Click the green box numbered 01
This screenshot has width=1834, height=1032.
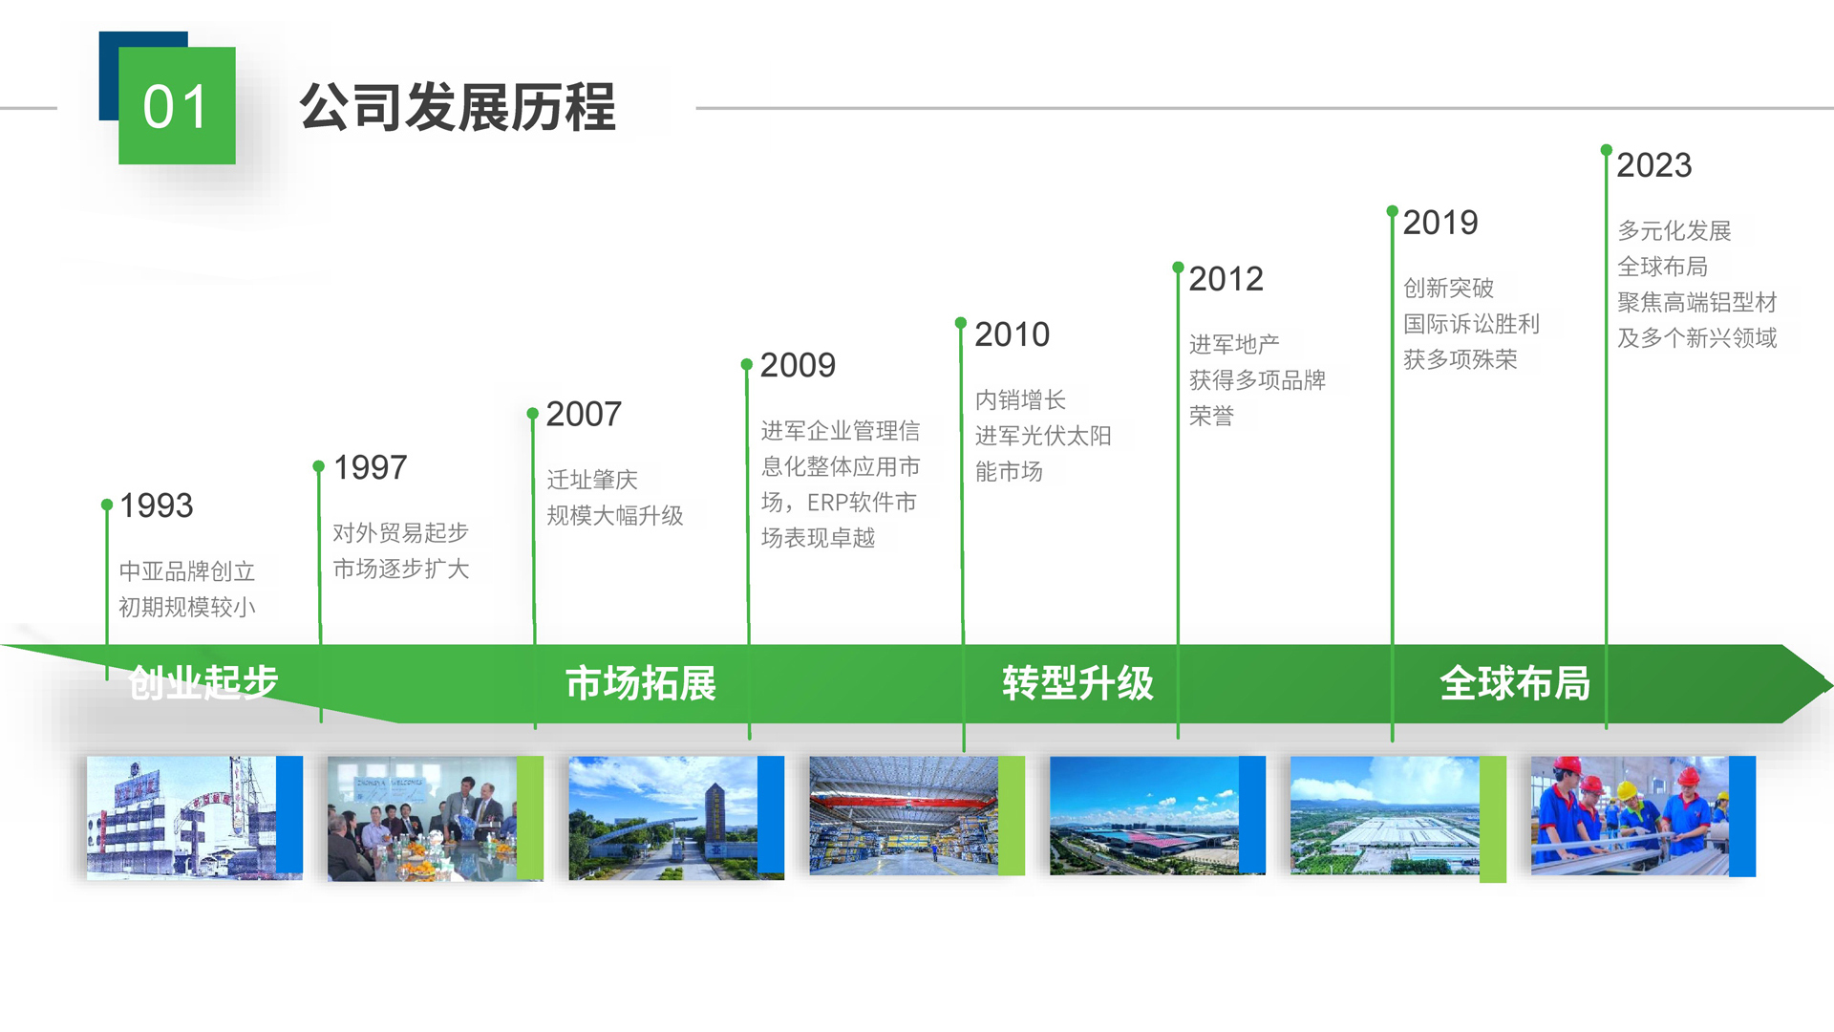click(177, 105)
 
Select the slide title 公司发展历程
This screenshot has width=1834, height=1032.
click(458, 106)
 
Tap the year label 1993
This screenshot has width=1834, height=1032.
click(157, 505)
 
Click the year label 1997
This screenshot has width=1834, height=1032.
click(371, 467)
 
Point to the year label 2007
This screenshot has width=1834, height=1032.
click(584, 414)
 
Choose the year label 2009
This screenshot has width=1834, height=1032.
click(798, 365)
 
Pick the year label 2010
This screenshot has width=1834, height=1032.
click(1012, 334)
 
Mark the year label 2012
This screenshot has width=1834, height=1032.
click(1226, 279)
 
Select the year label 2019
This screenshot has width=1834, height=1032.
click(1440, 223)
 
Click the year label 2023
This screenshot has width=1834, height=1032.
click(1654, 165)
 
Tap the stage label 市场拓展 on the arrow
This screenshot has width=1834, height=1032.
click(641, 683)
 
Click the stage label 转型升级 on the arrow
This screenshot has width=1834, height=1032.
click(1077, 683)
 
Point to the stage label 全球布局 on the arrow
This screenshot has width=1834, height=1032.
click(1515, 683)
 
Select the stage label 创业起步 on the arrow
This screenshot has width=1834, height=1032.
click(203, 683)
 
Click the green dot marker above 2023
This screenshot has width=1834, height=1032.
click(1607, 150)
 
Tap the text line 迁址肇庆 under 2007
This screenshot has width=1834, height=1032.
click(592, 480)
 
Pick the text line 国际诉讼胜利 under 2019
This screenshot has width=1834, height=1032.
click(1471, 324)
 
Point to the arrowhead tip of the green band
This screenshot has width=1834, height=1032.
click(1829, 683)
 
